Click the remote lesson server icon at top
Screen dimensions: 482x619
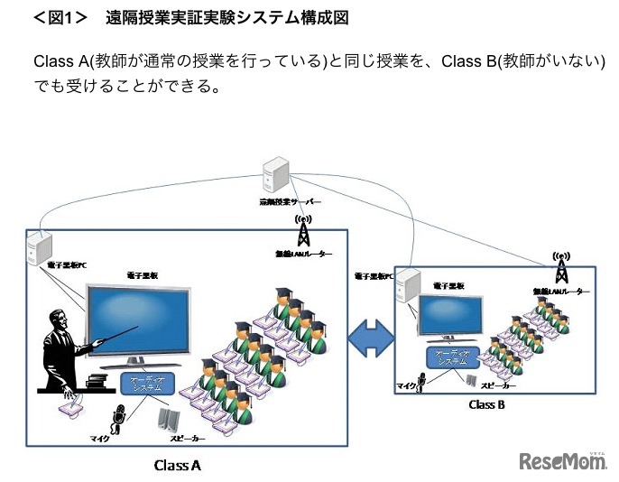point(275,175)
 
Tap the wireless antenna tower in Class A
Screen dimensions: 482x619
point(303,232)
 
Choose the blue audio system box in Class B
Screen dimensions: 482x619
point(449,357)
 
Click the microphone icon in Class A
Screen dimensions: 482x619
point(117,418)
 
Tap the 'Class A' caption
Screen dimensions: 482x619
point(177,466)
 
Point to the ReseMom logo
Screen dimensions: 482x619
point(564,461)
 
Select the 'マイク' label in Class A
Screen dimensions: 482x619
point(98,438)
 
